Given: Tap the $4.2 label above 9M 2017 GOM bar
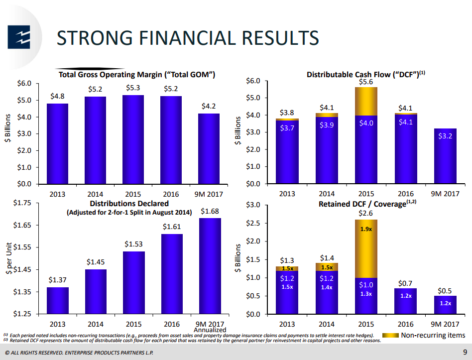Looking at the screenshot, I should pyautogui.click(x=209, y=106).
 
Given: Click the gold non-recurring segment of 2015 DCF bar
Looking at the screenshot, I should pyautogui.click(x=366, y=101).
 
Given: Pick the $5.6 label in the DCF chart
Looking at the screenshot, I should pyautogui.click(x=366, y=82).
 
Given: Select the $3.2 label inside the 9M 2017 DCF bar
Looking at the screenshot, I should pyautogui.click(x=445, y=135).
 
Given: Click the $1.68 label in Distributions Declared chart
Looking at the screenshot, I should pyautogui.click(x=210, y=212).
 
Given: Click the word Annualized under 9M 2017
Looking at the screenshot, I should pyautogui.click(x=210, y=330).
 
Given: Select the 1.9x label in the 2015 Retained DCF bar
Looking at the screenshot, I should pyautogui.click(x=366, y=230).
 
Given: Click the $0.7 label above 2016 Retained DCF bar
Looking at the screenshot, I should pyautogui.click(x=405, y=283).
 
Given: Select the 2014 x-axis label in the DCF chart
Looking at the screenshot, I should pyautogui.click(x=326, y=194).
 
